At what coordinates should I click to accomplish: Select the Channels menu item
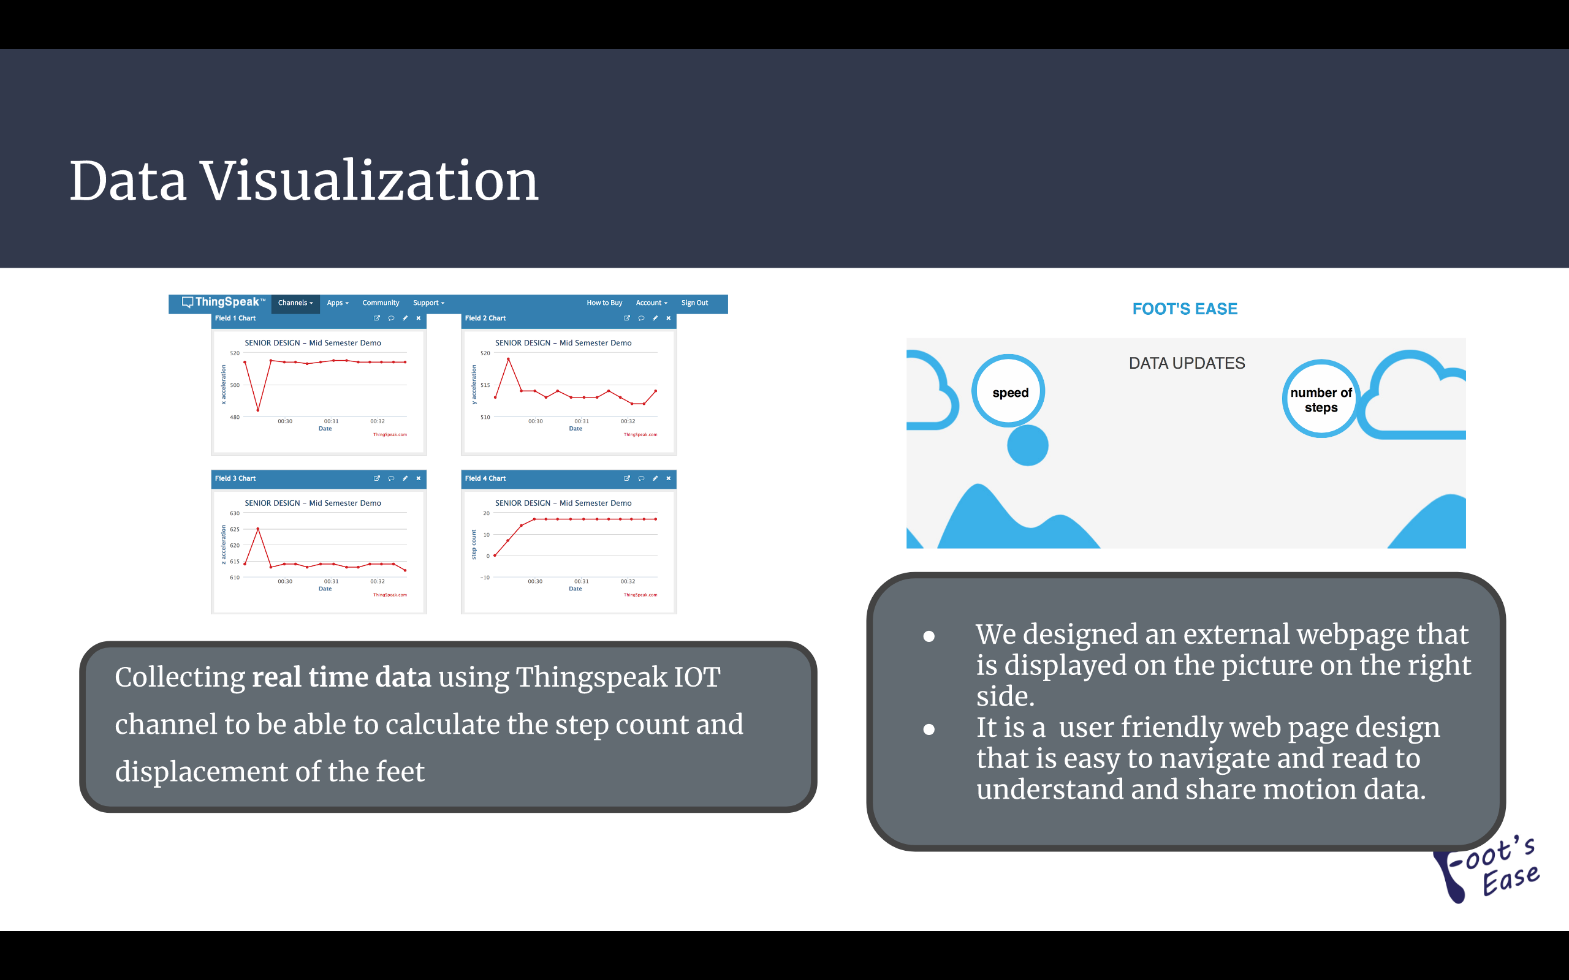[295, 303]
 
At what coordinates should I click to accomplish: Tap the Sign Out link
[694, 303]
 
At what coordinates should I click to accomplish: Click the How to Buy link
[604, 303]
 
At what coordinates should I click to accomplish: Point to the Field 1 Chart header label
[235, 318]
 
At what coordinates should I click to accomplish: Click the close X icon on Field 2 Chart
[669, 318]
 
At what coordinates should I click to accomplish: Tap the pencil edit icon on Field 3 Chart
[405, 478]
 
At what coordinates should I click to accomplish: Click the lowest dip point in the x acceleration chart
[258, 410]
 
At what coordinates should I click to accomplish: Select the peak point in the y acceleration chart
[508, 359]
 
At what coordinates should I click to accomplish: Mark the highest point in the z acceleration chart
[258, 529]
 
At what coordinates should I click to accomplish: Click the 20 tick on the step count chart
[486, 513]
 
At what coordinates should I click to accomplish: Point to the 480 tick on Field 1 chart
[235, 417]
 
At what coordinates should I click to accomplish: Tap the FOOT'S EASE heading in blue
[1185, 309]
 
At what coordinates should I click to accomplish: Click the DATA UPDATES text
[1187, 363]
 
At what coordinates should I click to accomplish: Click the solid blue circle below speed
[1028, 445]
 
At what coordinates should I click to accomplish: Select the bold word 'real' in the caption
[277, 677]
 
